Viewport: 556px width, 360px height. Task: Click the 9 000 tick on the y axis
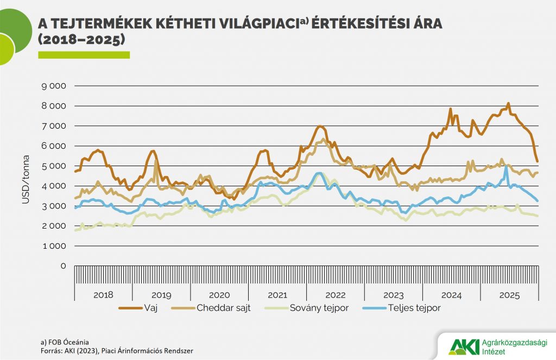coord(54,86)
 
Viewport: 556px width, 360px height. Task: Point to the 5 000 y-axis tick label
coord(54,166)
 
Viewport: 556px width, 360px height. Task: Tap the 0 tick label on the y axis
coord(62,266)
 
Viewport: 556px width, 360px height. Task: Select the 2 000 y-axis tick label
coord(54,226)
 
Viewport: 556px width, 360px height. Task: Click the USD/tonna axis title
coord(26,176)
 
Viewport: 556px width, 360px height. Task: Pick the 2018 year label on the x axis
coord(103,295)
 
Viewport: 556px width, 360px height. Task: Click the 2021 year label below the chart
coord(277,295)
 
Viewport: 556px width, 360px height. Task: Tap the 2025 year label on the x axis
coord(509,295)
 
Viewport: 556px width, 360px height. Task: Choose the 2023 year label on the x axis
coord(393,295)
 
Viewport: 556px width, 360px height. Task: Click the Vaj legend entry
coord(150,308)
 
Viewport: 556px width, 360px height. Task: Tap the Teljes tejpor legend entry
coord(414,308)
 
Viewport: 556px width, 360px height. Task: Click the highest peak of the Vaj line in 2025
coord(508,103)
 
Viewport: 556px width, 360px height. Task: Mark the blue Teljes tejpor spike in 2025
coord(506,168)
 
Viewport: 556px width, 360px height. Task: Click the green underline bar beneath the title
coord(84,55)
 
